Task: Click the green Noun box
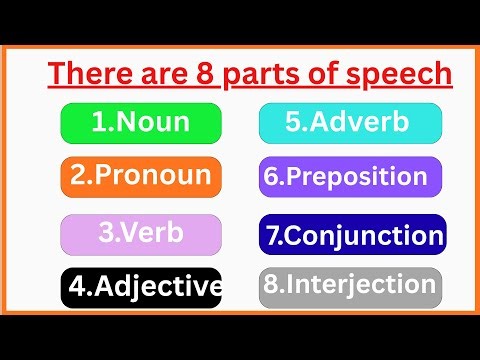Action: (x=140, y=122)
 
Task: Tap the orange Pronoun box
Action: (x=140, y=177)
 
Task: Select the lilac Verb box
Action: (x=140, y=233)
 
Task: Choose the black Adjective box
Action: (x=140, y=288)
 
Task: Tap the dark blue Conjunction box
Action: (x=352, y=236)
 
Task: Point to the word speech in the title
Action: (x=399, y=76)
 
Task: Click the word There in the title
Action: (x=91, y=75)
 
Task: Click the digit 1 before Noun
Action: (x=98, y=123)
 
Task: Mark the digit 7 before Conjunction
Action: (x=274, y=237)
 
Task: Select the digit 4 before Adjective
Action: (x=78, y=289)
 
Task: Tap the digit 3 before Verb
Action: (x=106, y=233)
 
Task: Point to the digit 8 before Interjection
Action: (x=270, y=285)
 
